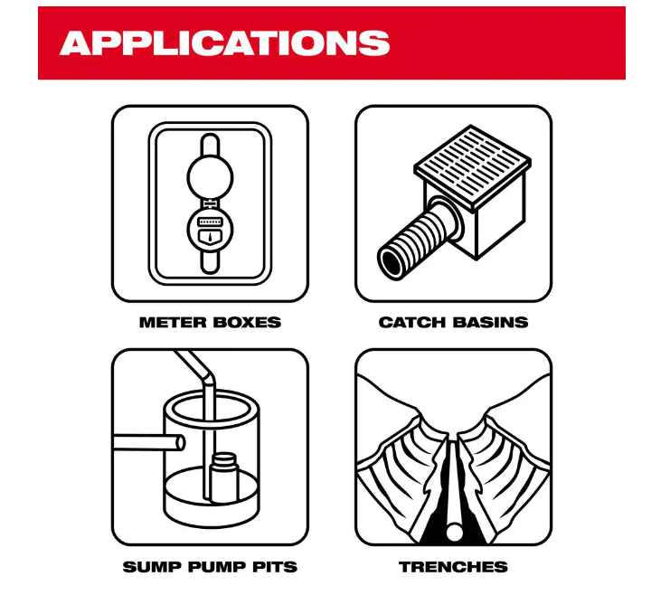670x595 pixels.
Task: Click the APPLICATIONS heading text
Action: click(225, 42)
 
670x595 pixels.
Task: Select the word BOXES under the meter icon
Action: click(246, 322)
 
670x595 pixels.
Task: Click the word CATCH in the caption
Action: click(412, 322)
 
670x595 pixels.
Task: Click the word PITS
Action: click(275, 567)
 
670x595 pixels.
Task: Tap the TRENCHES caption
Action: click(453, 567)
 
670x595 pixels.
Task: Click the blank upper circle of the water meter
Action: click(211, 177)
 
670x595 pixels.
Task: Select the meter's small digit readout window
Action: click(211, 222)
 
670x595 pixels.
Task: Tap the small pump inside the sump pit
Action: click(223, 477)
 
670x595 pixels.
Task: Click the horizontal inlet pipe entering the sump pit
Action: click(148, 442)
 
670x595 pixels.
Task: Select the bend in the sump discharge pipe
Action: click(207, 375)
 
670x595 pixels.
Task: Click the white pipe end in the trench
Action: click(454, 532)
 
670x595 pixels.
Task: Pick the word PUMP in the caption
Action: click(217, 567)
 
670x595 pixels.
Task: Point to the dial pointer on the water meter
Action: click(211, 238)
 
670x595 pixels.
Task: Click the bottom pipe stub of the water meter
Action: click(211, 261)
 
